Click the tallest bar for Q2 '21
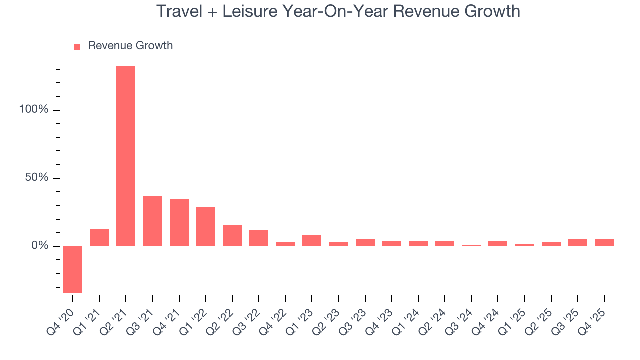pos(126,156)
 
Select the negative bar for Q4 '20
pos(73,269)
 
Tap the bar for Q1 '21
pos(99,238)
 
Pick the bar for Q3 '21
pos(153,221)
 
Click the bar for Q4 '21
pos(179,222)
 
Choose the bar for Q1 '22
pos(206,227)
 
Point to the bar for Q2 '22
pos(232,235)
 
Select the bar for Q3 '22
pos(259,238)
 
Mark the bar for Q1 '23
pos(312,240)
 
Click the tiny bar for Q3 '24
pos(471,245)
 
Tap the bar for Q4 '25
pos(604,242)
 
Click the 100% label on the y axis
pos(34,110)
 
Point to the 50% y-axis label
pos(37,178)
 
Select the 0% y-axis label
pos(40,246)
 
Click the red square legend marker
pos(77,46)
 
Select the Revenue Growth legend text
pos(130,46)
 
